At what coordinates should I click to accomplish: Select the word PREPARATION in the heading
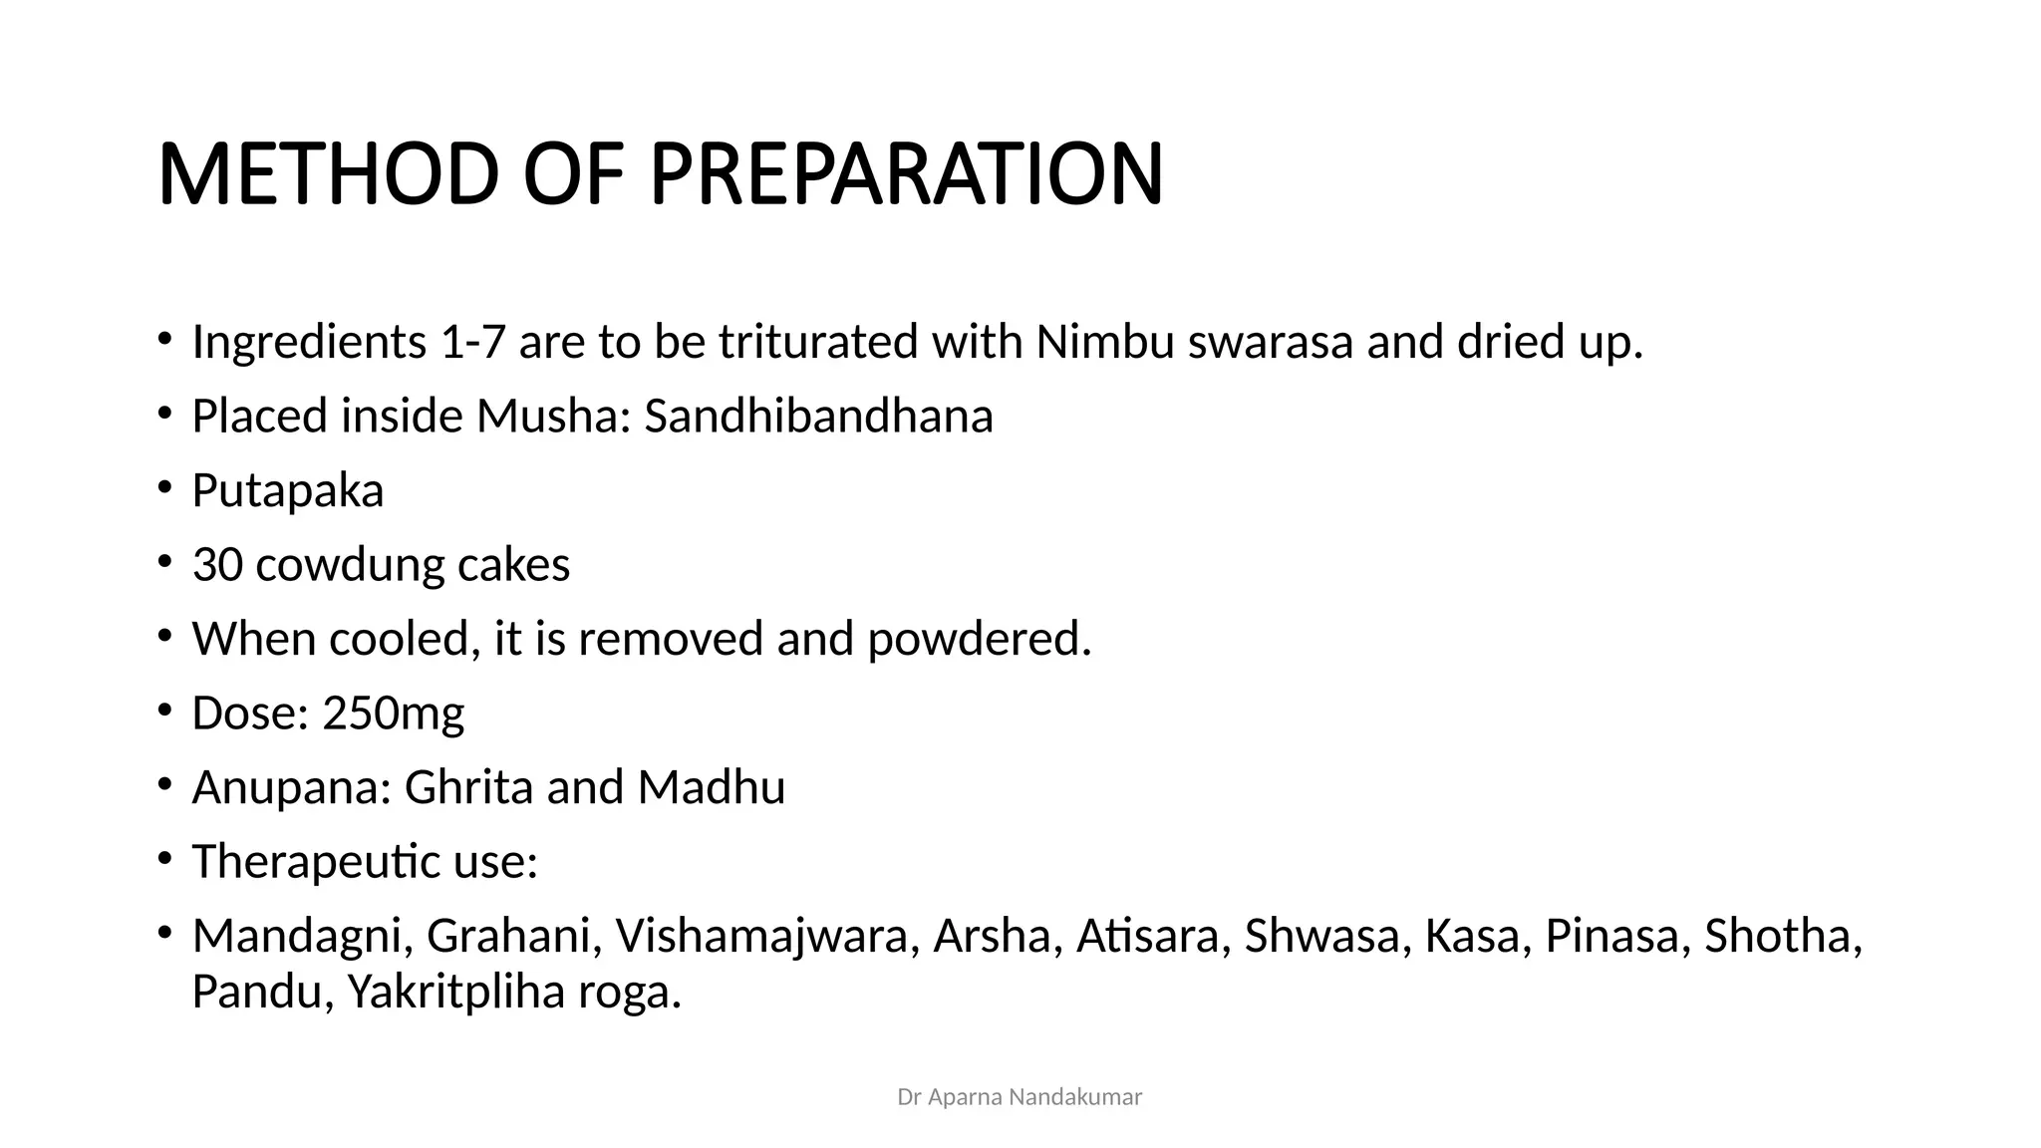[906, 174]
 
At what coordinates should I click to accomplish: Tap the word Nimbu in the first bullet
[1104, 342]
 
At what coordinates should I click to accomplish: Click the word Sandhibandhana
[818, 416]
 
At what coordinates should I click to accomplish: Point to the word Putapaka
[287, 490]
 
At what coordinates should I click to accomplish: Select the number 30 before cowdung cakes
[217, 565]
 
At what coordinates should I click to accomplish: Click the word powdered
[979, 639]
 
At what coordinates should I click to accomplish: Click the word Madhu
[712, 787]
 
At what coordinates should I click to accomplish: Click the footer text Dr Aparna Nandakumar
[1020, 1097]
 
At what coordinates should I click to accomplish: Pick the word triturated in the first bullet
[818, 342]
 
